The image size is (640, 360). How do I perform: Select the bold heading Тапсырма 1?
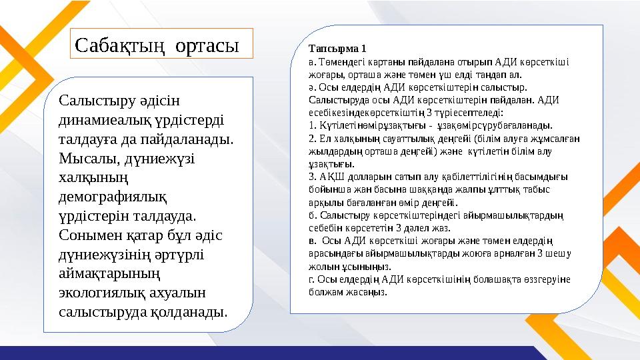point(337,49)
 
